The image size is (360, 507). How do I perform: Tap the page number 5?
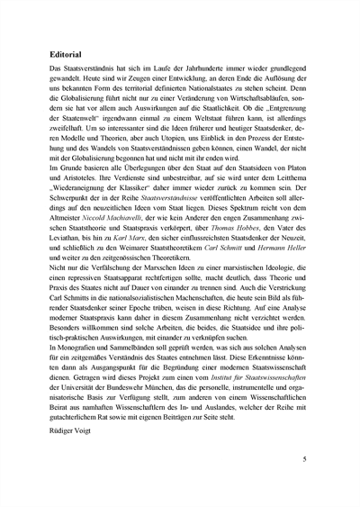[304, 458]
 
